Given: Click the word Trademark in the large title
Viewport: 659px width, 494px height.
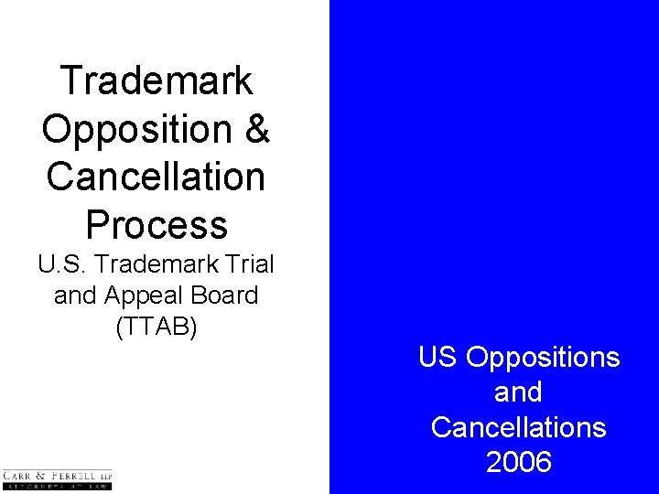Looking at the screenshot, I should (157, 81).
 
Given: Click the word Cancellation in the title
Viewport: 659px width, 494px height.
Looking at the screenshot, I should (157, 176).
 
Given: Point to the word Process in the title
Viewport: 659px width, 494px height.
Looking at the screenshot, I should (157, 223).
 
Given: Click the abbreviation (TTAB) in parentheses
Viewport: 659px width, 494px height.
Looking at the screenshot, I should (157, 327).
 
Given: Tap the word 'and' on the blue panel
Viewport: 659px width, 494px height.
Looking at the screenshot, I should (519, 392).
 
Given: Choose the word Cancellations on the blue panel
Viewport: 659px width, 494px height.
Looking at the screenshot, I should (519, 427).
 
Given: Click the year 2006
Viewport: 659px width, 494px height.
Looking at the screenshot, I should (519, 462).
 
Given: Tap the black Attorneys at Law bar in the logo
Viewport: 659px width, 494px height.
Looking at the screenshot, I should (57, 488).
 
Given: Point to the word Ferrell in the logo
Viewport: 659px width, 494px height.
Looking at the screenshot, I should (74, 476).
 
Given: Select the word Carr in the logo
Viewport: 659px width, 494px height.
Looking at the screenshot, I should (18, 476).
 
